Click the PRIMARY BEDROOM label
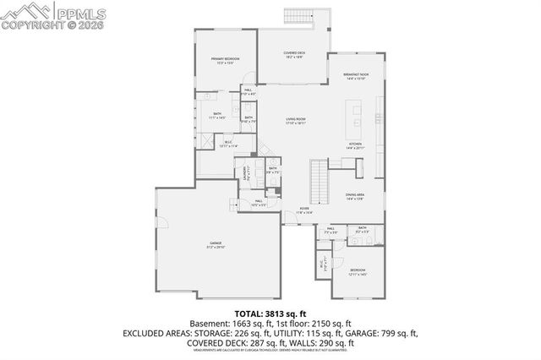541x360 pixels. click(x=226, y=58)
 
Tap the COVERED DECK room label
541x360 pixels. click(x=293, y=53)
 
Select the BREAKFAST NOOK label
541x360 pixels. click(x=355, y=74)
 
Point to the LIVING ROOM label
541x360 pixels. click(x=294, y=120)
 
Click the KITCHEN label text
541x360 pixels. click(x=355, y=144)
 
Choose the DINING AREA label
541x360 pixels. click(x=355, y=195)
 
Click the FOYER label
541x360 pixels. click(x=303, y=209)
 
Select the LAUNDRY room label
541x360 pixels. click(x=245, y=173)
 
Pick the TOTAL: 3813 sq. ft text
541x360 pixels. click(x=270, y=313)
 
